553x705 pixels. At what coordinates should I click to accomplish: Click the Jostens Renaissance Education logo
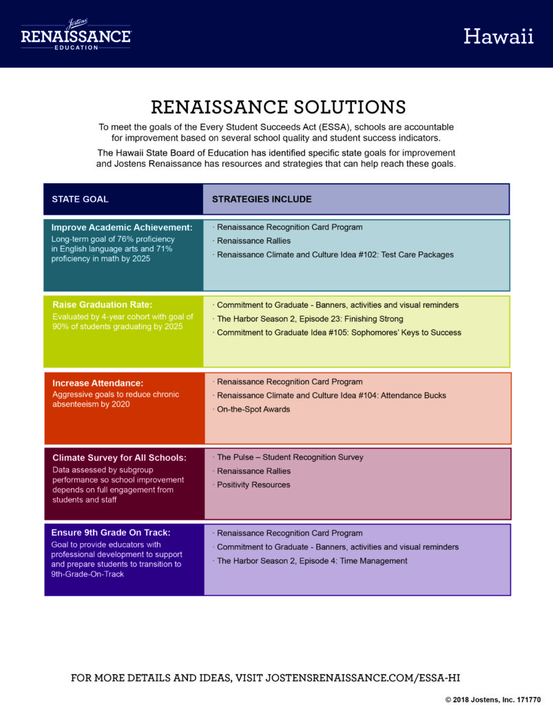click(x=76, y=34)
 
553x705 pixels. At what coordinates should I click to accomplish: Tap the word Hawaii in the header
click(x=499, y=36)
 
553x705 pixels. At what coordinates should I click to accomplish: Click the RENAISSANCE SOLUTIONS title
click(x=278, y=107)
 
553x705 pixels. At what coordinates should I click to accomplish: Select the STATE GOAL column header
click(x=80, y=199)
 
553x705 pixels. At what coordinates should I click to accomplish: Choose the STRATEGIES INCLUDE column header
click(x=262, y=199)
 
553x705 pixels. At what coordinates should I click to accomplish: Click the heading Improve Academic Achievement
click(x=122, y=227)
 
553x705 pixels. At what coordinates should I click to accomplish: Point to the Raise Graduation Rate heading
click(x=103, y=305)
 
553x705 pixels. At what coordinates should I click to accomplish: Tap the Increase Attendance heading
click(x=98, y=383)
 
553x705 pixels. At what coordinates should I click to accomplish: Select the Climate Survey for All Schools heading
click(x=119, y=458)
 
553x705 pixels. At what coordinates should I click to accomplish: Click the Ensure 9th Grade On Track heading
click(x=111, y=533)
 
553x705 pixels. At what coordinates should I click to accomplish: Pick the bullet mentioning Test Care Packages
click(x=333, y=255)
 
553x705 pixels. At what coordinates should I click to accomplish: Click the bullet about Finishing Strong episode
click(x=309, y=319)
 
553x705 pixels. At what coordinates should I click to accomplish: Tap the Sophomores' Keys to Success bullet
click(x=337, y=333)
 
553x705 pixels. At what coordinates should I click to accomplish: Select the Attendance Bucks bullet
click(x=330, y=396)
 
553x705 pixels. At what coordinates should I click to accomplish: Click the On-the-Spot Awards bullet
click(x=252, y=410)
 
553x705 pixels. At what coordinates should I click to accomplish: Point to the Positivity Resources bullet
click(x=252, y=485)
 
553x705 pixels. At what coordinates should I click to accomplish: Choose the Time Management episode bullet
click(x=310, y=561)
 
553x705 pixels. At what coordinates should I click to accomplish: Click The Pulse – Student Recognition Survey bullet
click(x=288, y=457)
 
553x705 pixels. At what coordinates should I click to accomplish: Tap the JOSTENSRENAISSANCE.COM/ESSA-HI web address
click(x=363, y=678)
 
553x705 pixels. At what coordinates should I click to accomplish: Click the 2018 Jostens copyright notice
click(x=493, y=699)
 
